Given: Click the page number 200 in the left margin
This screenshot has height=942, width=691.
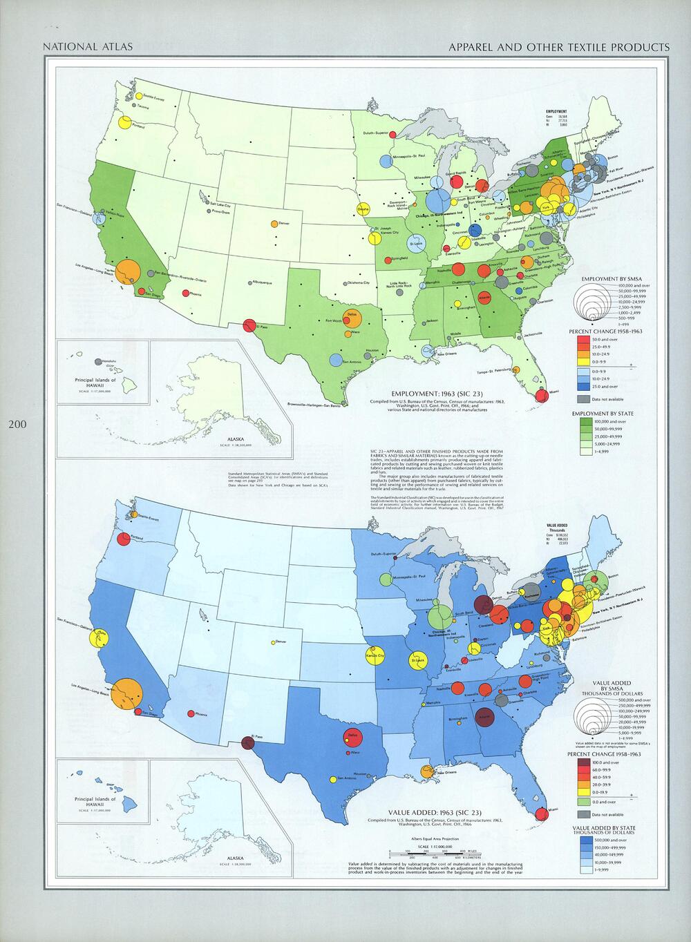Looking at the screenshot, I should [x=17, y=424].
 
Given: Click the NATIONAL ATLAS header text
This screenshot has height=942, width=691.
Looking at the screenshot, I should [x=88, y=47].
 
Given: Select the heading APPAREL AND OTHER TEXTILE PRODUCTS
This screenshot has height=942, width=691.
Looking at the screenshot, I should [x=558, y=47].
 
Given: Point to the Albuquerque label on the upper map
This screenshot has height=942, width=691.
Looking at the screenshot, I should [x=263, y=282].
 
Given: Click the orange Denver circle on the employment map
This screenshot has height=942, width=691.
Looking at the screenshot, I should [x=274, y=224].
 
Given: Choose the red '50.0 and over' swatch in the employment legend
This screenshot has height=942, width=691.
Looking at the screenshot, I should [x=583, y=340].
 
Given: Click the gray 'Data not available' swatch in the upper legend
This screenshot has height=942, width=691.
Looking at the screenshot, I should [x=583, y=398].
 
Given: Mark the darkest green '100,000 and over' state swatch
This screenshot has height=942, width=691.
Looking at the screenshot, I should [x=583, y=421].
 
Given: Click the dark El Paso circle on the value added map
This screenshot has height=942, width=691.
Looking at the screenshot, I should [x=248, y=743].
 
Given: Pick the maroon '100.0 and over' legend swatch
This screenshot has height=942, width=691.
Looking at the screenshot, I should [x=583, y=762].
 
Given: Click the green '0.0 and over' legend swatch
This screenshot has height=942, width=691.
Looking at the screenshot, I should [x=583, y=802].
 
